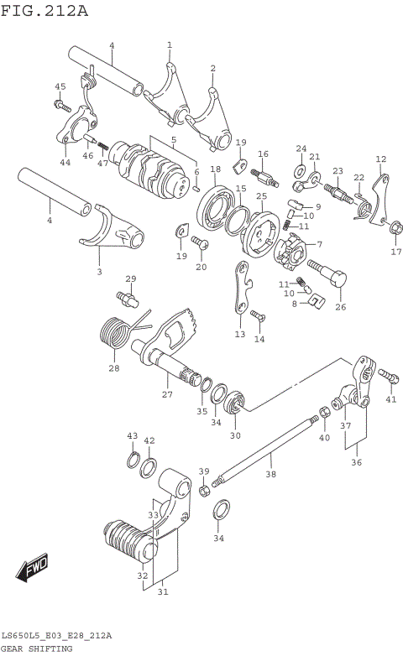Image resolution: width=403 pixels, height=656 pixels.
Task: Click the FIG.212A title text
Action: tap(44, 10)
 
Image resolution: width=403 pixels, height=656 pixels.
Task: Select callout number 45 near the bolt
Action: tap(60, 86)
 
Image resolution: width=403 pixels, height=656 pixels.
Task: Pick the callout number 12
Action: tap(380, 159)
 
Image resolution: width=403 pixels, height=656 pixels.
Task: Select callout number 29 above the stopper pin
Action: tap(130, 279)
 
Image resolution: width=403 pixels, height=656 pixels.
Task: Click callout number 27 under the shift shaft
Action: tap(166, 393)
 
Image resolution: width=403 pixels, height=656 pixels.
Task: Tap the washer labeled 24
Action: tap(300, 172)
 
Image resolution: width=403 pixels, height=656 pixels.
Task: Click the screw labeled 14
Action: tap(255, 316)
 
